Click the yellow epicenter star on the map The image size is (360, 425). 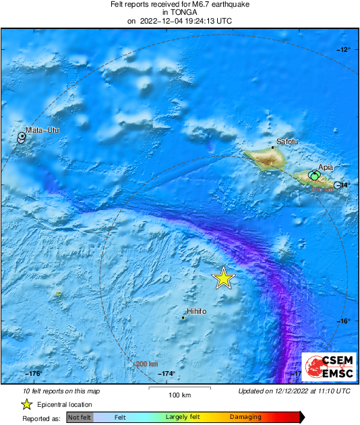click(x=223, y=277)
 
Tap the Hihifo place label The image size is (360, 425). click(x=196, y=311)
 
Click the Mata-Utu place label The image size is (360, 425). click(x=42, y=130)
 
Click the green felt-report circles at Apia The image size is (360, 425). click(x=314, y=176)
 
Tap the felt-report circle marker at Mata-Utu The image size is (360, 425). click(x=22, y=137)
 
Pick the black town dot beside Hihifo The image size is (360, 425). click(x=183, y=317)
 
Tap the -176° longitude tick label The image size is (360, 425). click(x=34, y=374)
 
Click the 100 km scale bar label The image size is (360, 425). click(x=179, y=395)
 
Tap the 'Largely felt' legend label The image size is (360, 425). click(x=181, y=418)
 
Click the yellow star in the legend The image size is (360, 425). click(x=26, y=404)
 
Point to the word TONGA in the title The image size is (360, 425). click(x=179, y=12)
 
